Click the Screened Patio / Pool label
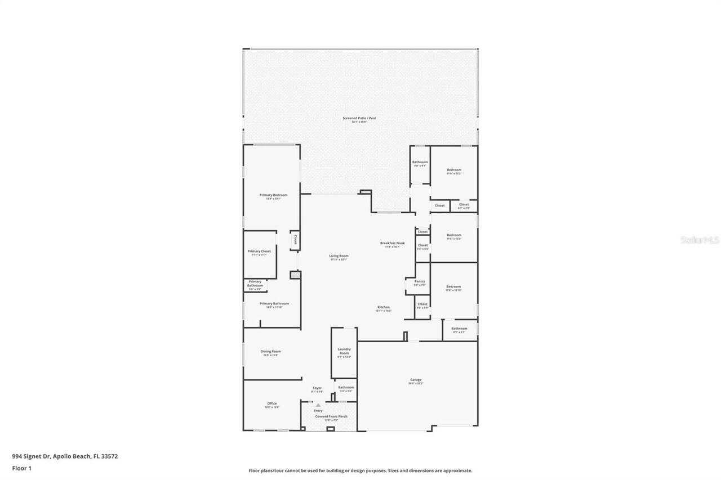pos(359,118)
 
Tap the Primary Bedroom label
pos(273,195)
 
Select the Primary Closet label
pos(259,252)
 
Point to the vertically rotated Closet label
pos(295,240)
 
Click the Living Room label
pos(339,256)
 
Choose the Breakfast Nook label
pos(392,243)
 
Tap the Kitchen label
pos(384,307)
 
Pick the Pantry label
pos(420,281)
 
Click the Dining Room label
pos(271,352)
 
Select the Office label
pos(272,403)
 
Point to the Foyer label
pos(317,388)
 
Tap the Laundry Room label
pos(344,351)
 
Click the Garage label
pos(416,380)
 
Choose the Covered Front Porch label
pos(331,416)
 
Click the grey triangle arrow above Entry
pos(318,405)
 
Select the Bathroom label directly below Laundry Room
pos(346,387)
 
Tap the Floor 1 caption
pos(21,468)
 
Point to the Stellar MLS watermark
pos(700,240)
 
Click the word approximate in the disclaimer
pos(456,470)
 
